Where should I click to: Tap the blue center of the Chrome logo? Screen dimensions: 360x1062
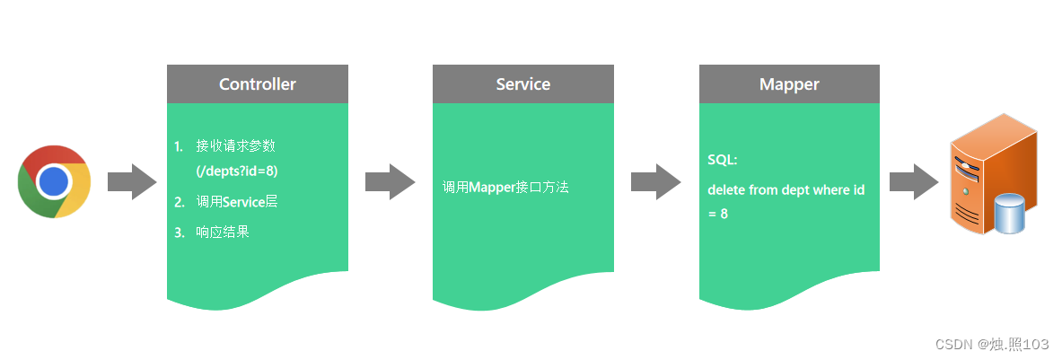[x=54, y=181]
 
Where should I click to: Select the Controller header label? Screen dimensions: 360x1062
[x=258, y=84]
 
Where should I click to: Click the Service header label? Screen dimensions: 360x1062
[x=523, y=84]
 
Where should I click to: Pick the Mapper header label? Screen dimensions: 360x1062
[x=789, y=84]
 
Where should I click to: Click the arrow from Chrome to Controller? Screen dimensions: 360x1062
[x=132, y=181]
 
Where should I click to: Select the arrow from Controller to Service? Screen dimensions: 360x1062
[x=390, y=181]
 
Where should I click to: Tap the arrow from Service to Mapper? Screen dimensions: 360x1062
[x=655, y=181]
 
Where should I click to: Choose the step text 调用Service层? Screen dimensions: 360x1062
[x=237, y=202]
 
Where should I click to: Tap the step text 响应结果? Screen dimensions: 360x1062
[x=223, y=233]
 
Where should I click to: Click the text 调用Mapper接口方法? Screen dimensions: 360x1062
[x=505, y=188]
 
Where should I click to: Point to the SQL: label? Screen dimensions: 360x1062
[x=723, y=160]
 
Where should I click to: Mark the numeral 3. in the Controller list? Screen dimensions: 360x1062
[x=180, y=233]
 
